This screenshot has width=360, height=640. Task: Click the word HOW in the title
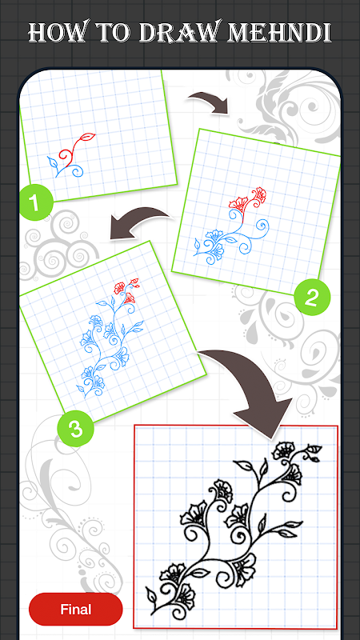(56, 32)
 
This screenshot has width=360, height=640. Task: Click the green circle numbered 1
(36, 202)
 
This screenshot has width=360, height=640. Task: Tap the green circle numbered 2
(311, 297)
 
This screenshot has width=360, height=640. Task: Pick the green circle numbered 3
(75, 429)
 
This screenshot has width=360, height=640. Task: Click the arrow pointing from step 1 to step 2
(208, 102)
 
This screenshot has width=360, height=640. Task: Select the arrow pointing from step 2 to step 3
(138, 222)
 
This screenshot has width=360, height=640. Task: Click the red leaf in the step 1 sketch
(89, 137)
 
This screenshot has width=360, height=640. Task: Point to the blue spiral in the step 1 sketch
(76, 171)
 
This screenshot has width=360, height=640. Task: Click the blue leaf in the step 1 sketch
(52, 163)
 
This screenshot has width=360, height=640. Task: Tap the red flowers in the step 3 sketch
(126, 289)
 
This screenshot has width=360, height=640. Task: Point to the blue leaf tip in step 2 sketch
(194, 252)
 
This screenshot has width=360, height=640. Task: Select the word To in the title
(112, 33)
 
